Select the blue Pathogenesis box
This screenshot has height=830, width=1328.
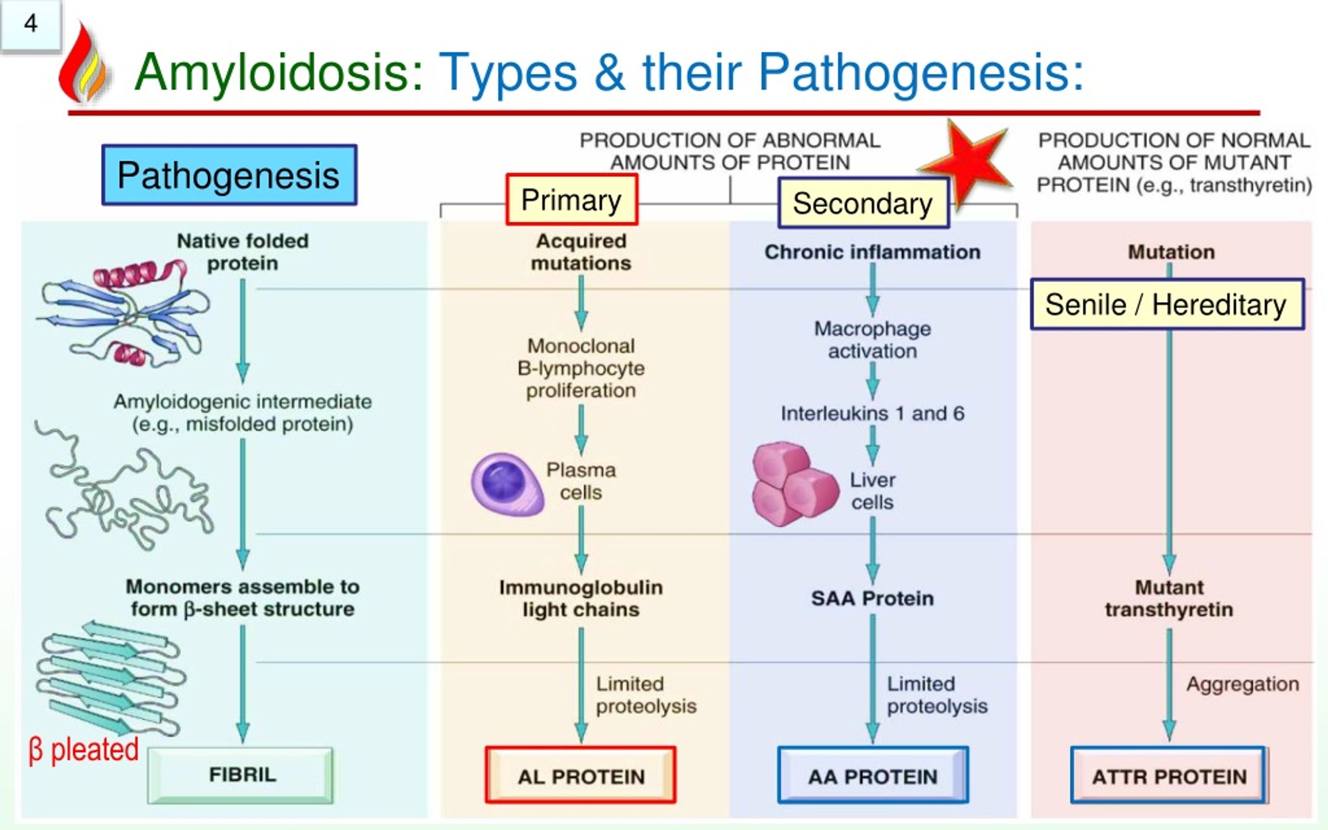pos(229,175)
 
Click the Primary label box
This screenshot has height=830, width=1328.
pos(571,199)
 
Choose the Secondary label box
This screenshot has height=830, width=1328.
pos(863,203)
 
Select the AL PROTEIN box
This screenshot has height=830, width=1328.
pos(580,776)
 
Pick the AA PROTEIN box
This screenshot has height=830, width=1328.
pos(873,776)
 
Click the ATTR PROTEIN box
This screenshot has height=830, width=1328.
pos(1168,776)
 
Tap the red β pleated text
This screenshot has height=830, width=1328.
pos(84,750)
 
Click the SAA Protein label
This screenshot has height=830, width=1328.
pos(872,598)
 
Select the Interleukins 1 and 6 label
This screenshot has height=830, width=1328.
pos(872,413)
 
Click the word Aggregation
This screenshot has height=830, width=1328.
pos(1242,684)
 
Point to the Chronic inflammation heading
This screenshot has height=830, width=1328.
pos(872,252)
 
